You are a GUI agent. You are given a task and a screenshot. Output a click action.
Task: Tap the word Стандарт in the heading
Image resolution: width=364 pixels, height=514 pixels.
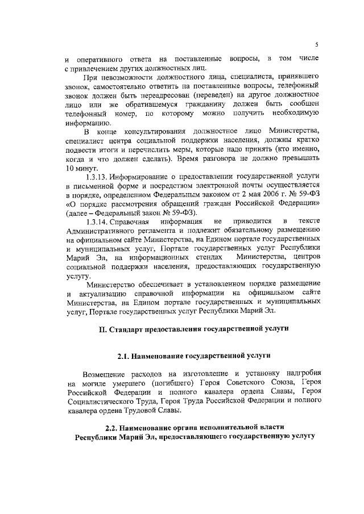click(129, 328)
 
